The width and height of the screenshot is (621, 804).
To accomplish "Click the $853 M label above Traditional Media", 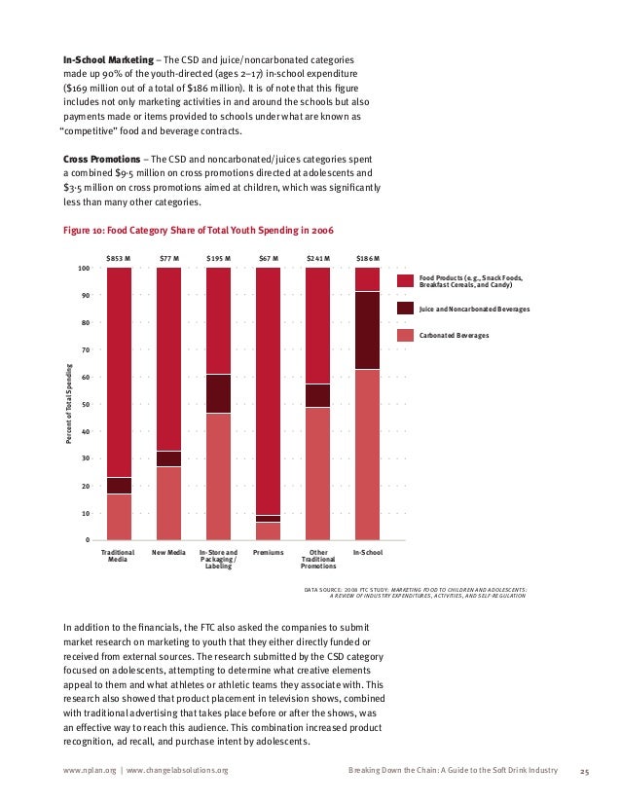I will coord(118,259).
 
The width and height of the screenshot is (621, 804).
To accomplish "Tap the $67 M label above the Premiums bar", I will coord(268,259).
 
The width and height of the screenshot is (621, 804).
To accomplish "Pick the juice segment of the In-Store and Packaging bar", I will coord(218,393).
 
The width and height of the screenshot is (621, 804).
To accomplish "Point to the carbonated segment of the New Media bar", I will coord(168,502).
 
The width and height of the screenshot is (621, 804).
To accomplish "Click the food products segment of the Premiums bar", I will coord(268,389).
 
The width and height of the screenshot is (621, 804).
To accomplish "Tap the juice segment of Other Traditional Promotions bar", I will coord(317,395).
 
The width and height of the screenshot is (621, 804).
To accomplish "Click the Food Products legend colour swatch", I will coord(405,280).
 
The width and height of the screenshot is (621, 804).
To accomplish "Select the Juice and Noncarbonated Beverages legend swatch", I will coord(405,308).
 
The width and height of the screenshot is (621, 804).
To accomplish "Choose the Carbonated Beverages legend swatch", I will coord(405,335).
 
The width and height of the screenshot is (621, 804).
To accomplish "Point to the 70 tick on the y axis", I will coord(85,349).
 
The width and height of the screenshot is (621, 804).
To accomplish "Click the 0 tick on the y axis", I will coord(88,540).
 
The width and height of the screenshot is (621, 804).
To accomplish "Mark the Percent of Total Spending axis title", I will coord(70,404).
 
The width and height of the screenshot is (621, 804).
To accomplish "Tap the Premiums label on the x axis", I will coord(268,553).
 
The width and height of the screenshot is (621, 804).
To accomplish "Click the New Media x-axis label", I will coord(168,553).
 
